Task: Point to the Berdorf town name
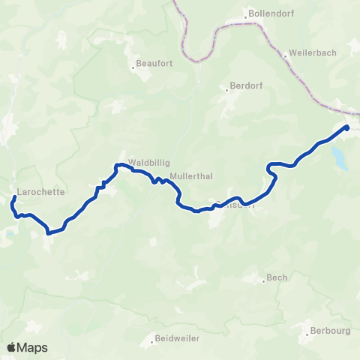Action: click(246, 86)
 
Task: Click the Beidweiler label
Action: click(177, 338)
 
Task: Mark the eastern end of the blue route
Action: click(347, 127)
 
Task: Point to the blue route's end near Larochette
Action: click(15, 198)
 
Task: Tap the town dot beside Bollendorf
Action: click(245, 13)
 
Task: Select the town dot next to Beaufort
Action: click(133, 67)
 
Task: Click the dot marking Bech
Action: click(263, 281)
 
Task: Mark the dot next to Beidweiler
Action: click(151, 338)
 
